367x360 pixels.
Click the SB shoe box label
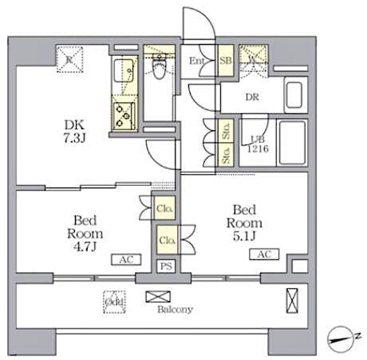[x=226, y=61]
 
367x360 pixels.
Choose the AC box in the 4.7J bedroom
[x=105, y=259]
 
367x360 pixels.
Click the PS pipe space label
[x=166, y=266]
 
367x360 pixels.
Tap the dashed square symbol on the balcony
[x=113, y=302]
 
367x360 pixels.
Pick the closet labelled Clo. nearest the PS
[x=167, y=239]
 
